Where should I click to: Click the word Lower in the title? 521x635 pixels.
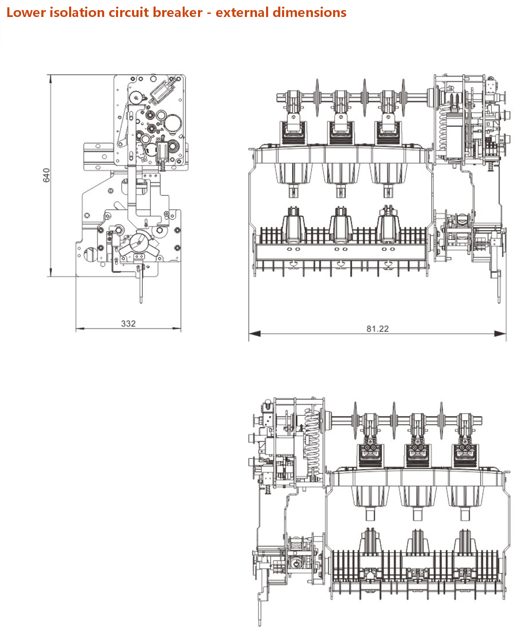coord(26,12)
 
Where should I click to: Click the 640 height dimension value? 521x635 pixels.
coord(46,175)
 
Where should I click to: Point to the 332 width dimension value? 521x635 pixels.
coord(128,324)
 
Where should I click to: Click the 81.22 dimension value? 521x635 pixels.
coord(378,328)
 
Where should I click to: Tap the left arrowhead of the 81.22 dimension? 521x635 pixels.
coord(255,334)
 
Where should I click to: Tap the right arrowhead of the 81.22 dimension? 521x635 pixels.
coord(500,334)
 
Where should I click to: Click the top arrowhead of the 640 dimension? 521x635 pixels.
coord(51,79)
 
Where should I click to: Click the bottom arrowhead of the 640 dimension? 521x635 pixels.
coord(51,272)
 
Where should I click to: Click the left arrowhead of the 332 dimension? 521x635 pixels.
coord(80,328)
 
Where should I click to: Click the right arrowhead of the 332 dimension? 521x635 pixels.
coord(176,328)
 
